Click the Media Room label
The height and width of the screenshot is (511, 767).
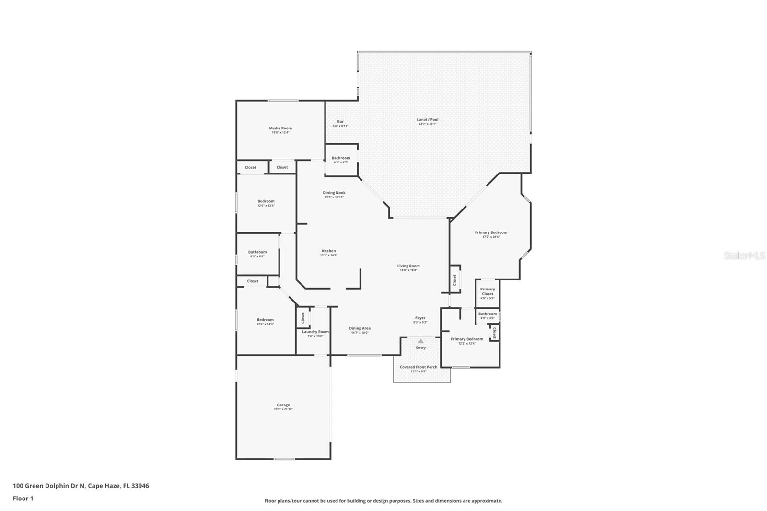pos(280,128)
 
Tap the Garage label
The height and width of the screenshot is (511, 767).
pos(283,405)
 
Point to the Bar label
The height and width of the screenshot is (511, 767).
pos(340,122)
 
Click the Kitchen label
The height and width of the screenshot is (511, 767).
pos(328,251)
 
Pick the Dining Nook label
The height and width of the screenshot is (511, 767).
pos(334,193)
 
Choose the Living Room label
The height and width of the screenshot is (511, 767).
pos(408,266)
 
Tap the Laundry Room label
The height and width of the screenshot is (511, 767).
pos(315,332)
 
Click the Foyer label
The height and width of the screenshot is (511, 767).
pos(420,318)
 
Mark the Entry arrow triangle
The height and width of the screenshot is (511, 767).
pos(420,341)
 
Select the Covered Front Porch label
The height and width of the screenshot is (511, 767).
pos(418,367)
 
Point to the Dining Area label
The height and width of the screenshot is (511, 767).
pos(360,328)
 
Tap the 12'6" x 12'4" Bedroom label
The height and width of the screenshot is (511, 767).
pos(266,201)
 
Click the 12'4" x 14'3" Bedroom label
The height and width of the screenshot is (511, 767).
pos(265,320)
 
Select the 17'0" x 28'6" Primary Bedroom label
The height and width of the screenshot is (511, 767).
pos(491,232)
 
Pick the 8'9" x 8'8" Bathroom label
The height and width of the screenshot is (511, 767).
pos(257,252)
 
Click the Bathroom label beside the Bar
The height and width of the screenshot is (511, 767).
pos(341,158)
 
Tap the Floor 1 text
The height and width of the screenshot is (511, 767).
pos(23,499)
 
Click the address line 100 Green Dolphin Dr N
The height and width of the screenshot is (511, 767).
pos(81,486)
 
